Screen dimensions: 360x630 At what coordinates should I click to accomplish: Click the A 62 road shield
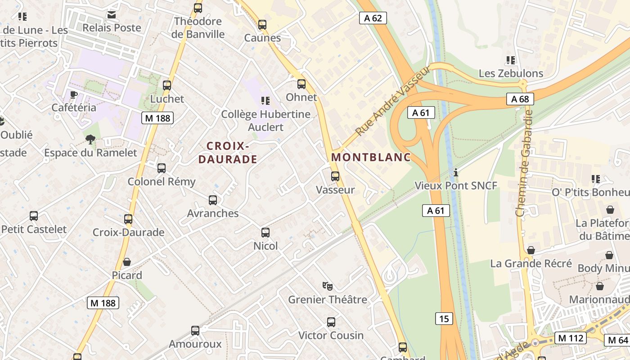[373, 18]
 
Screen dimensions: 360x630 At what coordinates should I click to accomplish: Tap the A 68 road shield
[520, 99]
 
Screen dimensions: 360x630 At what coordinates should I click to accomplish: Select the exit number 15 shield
[444, 319]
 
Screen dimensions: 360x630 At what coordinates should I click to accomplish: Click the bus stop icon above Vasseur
[335, 176]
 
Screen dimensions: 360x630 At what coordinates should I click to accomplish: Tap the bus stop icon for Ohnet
[301, 84]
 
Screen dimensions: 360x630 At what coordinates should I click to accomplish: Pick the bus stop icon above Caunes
[262, 25]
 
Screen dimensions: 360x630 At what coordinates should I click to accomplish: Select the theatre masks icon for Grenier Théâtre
[328, 286]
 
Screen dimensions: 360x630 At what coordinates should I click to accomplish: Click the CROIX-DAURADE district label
[228, 153]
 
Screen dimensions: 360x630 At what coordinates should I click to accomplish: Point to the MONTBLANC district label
[371, 157]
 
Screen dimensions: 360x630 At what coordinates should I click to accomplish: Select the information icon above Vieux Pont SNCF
[456, 172]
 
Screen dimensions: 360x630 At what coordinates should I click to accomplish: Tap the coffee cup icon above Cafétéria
[74, 94]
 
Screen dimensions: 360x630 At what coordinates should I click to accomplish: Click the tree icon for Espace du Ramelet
[90, 139]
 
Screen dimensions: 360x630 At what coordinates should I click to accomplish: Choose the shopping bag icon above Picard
[127, 262]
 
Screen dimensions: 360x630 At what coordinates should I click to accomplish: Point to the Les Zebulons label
[511, 73]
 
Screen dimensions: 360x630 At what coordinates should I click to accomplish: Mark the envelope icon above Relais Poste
[112, 15]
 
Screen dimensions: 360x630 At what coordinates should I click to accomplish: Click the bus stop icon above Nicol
[265, 233]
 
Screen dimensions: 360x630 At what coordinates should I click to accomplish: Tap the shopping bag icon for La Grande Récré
[531, 250]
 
